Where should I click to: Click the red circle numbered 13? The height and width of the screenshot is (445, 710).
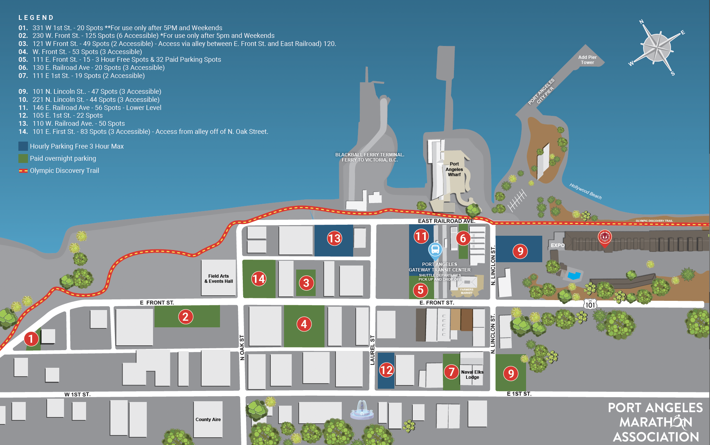334,238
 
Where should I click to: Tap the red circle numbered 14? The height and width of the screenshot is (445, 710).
259,279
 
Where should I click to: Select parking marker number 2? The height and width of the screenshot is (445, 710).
185,317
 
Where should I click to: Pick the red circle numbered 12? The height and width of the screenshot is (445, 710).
386,370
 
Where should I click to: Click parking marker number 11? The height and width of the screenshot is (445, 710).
421,236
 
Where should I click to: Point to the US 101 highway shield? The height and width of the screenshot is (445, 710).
590,305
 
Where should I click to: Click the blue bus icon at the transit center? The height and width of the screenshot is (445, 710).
435,250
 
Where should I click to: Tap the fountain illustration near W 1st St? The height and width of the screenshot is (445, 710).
362,410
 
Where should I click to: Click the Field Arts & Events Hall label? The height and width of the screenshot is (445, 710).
219,279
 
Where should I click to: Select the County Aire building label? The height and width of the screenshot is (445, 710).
208,420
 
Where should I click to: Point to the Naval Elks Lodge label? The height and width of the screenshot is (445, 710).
472,374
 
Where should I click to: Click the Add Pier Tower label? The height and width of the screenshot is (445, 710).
587,60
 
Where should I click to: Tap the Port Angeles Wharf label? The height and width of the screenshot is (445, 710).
454,169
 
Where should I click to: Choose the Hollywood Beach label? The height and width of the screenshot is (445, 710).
585,191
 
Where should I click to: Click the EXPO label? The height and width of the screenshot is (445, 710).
557,245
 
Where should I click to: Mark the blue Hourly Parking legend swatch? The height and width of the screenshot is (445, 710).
23,146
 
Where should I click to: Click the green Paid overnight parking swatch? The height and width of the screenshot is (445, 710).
23,159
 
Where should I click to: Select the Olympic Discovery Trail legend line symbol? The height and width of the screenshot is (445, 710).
23,171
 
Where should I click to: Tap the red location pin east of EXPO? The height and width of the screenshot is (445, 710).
604,238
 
